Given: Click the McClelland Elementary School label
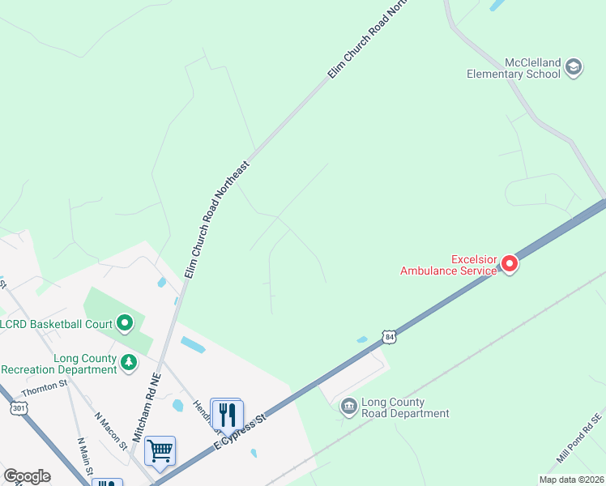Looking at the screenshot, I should [x=514, y=68].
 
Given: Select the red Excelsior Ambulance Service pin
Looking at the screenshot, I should [x=510, y=263].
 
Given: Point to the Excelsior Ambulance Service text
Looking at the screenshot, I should [x=448, y=265].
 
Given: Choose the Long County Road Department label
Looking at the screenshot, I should [x=405, y=407].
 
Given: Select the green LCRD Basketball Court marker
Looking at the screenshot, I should [x=124, y=324].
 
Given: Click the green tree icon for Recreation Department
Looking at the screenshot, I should [x=129, y=363].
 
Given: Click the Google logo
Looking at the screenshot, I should [x=27, y=476].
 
